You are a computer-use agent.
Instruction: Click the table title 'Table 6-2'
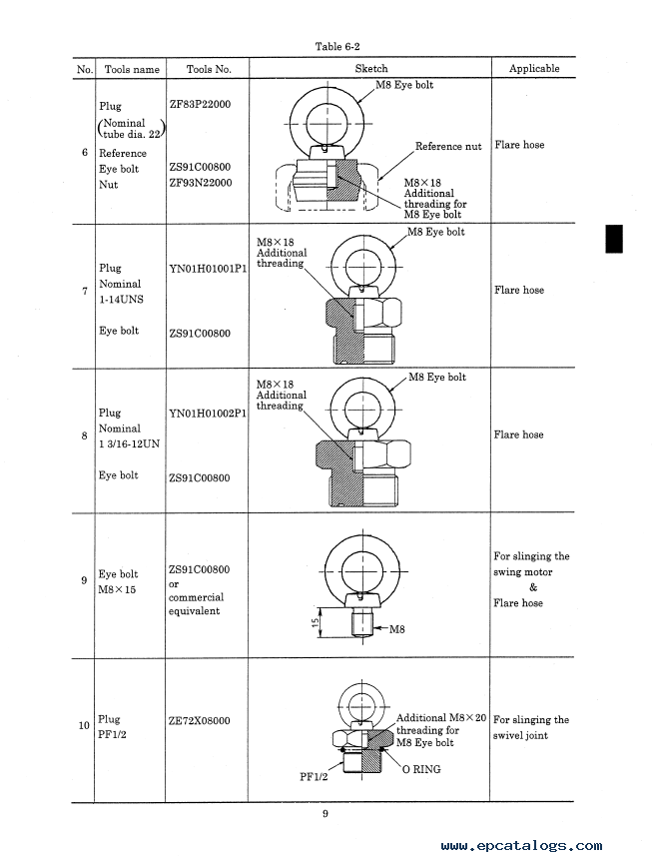point(336,46)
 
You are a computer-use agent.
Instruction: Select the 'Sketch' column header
point(371,68)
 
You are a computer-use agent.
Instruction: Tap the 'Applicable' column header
point(534,68)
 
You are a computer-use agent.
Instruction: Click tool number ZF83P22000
point(200,104)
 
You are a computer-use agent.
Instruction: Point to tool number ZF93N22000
point(200,183)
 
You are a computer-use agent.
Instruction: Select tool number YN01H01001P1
point(208,269)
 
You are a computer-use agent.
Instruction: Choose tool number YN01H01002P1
point(208,414)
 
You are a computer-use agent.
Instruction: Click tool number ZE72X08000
point(199,721)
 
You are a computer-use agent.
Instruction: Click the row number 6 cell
point(84,152)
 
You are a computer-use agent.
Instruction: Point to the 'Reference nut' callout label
point(448,146)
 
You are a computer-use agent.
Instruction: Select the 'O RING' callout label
point(421,769)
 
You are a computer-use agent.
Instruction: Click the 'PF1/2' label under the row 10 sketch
point(314,776)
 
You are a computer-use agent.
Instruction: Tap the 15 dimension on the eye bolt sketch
point(315,622)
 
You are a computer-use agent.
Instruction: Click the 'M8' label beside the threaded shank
point(396,629)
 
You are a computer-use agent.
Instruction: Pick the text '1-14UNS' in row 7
point(121,299)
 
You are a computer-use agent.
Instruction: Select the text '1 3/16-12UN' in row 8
point(129,443)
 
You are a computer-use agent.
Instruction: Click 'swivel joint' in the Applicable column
point(520,735)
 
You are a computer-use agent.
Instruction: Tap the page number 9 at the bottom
point(326,814)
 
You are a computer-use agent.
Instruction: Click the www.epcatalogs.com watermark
point(521,846)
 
